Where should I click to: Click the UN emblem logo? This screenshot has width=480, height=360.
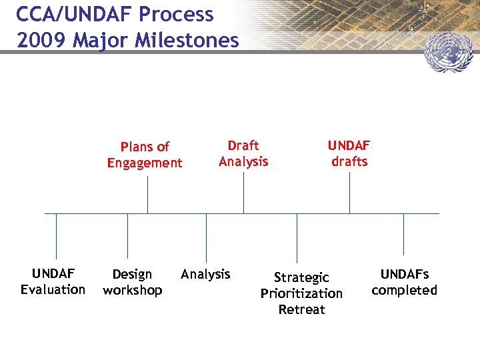tap(448, 54)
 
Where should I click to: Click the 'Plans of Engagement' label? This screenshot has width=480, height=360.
tap(145, 155)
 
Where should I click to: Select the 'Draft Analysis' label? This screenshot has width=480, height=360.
tap(243, 153)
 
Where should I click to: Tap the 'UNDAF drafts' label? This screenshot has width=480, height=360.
tap(349, 153)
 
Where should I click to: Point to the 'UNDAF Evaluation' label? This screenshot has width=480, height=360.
tap(53, 281)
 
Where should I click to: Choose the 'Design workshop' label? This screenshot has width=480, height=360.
tap(133, 282)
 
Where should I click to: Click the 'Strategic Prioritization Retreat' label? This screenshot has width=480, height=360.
tap(301, 293)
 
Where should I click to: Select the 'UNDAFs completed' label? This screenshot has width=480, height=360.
tap(404, 282)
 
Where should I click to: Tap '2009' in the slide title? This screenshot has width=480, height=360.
tap(42, 41)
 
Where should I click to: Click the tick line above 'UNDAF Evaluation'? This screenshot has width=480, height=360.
tap(56, 236)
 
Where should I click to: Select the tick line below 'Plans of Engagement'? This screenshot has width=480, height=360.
tap(147, 195)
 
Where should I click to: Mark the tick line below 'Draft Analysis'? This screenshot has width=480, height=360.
tap(243, 193)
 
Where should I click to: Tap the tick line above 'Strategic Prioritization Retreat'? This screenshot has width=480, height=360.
tap(297, 238)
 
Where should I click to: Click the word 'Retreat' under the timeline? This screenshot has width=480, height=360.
tap(301, 309)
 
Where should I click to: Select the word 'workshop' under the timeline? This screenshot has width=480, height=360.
tap(133, 290)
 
